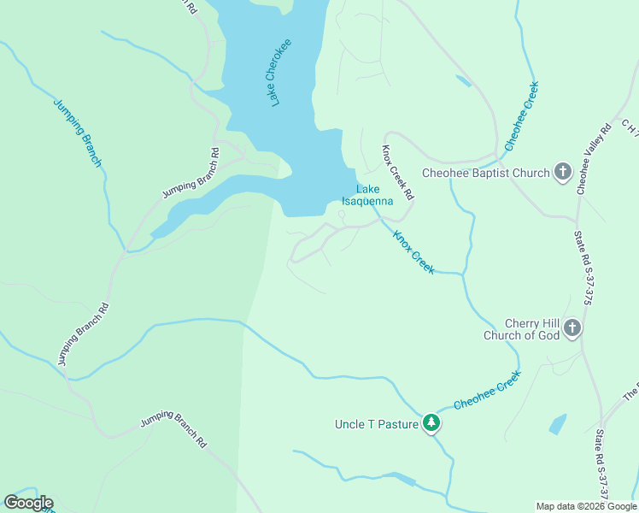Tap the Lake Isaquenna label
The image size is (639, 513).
pyautogui.click(x=367, y=196)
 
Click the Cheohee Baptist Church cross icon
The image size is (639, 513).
pyautogui.click(x=563, y=172)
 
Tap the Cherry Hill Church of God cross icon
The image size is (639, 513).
pyautogui.click(x=572, y=328)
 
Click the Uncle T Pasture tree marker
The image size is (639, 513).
pyautogui.click(x=432, y=423)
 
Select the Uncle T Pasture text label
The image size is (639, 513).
pyautogui.click(x=377, y=424)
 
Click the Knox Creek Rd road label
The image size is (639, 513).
pyautogui.click(x=397, y=171)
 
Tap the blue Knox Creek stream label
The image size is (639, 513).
pyautogui.click(x=413, y=251)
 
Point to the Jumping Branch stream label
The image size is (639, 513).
pyautogui.click(x=78, y=133)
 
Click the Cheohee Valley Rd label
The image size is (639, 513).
pyautogui.click(x=595, y=159)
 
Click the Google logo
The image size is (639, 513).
pyautogui.click(x=28, y=503)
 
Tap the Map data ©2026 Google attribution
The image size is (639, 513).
pyautogui.click(x=586, y=506)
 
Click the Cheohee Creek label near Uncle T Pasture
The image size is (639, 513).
pyautogui.click(x=487, y=390)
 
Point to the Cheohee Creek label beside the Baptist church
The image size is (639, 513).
pyautogui.click(x=522, y=115)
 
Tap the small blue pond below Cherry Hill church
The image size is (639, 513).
pyautogui.click(x=557, y=424)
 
